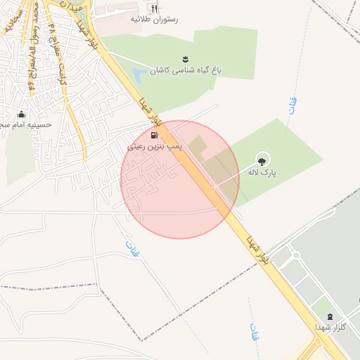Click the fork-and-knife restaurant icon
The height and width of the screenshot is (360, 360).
click(x=154, y=8)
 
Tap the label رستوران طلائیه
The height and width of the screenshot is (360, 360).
click(x=154, y=20)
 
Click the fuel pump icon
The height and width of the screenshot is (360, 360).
click(x=154, y=135)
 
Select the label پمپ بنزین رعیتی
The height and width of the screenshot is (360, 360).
click(x=155, y=147)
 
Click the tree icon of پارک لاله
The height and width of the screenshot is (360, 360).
click(x=264, y=159)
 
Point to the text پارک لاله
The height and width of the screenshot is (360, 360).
click(x=263, y=172)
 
